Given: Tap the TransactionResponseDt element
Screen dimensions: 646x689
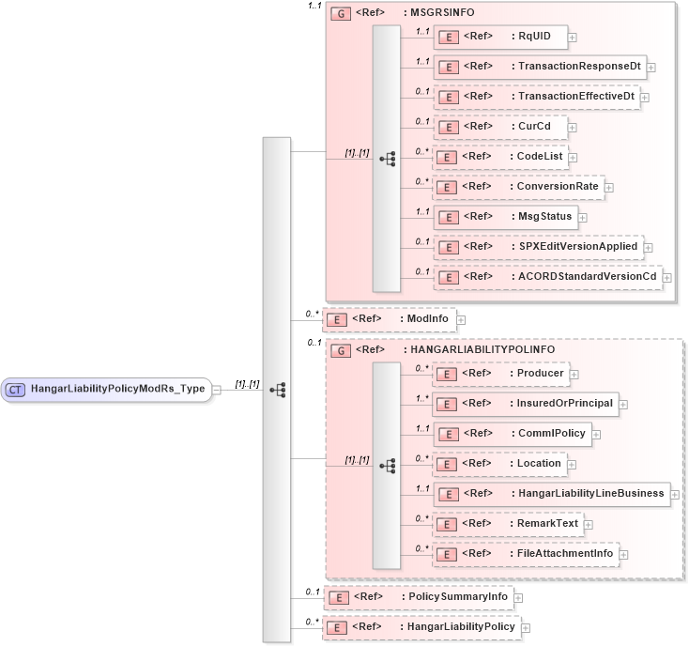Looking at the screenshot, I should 539,68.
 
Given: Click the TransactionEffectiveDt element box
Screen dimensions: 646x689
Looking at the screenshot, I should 536,97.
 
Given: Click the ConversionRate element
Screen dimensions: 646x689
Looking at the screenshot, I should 517,186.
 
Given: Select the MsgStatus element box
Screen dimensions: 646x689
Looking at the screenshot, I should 504,217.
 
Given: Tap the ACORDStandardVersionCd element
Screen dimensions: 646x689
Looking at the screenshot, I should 547,276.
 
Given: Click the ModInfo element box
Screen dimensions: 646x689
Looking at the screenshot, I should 389,320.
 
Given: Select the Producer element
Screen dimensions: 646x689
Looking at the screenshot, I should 500,374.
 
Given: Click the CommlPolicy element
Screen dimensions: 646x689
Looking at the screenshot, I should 511,434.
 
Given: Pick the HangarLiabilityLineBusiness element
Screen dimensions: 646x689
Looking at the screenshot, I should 551,494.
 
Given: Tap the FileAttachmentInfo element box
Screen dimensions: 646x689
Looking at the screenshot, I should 525,554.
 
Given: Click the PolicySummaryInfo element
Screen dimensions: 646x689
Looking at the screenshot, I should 417,596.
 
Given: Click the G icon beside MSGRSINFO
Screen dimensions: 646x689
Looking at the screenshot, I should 343,15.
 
